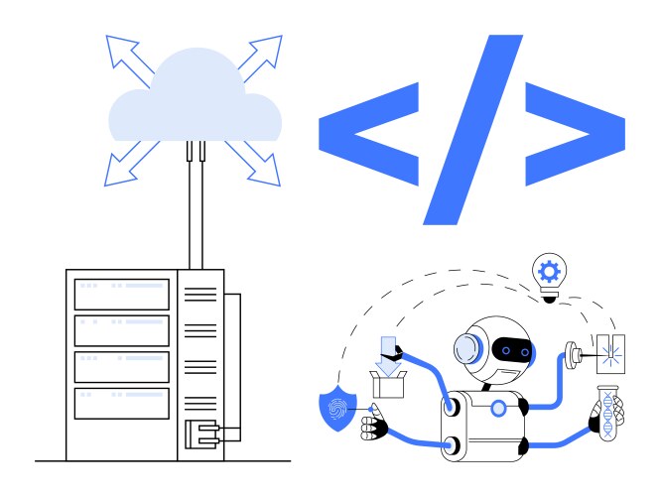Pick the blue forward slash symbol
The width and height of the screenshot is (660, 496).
[x=472, y=128]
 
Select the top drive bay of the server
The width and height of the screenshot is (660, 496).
[x=122, y=293]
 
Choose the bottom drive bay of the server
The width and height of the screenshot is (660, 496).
[x=122, y=403]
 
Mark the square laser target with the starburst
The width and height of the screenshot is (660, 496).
[x=608, y=348]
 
